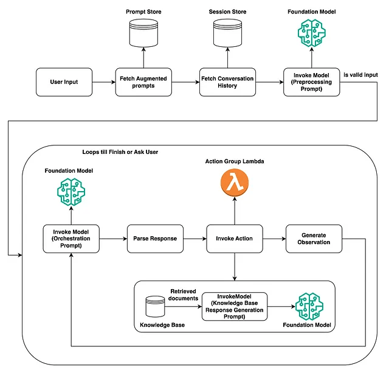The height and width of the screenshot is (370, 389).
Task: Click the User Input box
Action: (x=64, y=82)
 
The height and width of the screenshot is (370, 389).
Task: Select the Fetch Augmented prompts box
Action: (x=143, y=82)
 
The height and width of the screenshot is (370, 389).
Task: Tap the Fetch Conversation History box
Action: (x=227, y=82)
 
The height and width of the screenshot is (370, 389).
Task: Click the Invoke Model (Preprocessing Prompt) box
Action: (x=311, y=82)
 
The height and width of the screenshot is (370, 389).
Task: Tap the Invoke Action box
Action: (x=234, y=239)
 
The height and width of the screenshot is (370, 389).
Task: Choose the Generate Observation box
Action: (x=314, y=239)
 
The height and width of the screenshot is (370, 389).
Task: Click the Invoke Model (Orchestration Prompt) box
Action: (x=71, y=239)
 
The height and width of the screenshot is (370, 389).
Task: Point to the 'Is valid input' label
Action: (x=360, y=75)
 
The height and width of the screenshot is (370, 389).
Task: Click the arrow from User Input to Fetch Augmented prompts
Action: (x=104, y=82)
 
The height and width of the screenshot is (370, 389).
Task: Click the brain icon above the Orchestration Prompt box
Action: (x=71, y=193)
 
